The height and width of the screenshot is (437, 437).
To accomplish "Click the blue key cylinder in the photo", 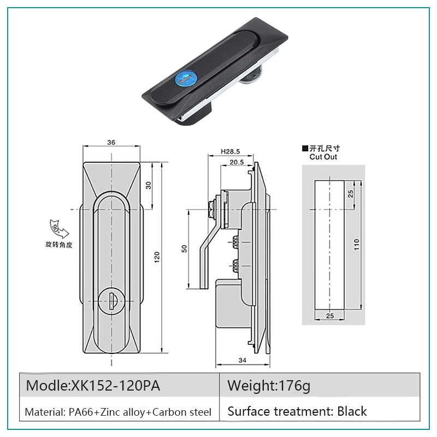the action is [x=182, y=80].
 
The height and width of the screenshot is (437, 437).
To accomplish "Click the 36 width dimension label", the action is [x=111, y=143].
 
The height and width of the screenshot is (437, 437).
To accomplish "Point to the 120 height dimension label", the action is [x=157, y=257].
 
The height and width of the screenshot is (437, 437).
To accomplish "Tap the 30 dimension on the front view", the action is [x=149, y=185].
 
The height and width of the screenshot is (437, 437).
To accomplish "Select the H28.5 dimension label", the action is [x=230, y=151].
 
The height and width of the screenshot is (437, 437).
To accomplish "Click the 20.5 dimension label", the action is [x=237, y=162].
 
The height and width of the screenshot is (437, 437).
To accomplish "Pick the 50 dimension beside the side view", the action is [x=184, y=249].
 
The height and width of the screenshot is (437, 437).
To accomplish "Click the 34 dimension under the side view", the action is [x=243, y=360].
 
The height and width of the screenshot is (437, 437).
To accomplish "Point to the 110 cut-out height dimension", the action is [x=357, y=244].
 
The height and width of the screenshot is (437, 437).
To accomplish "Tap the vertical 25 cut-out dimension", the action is [x=351, y=193].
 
